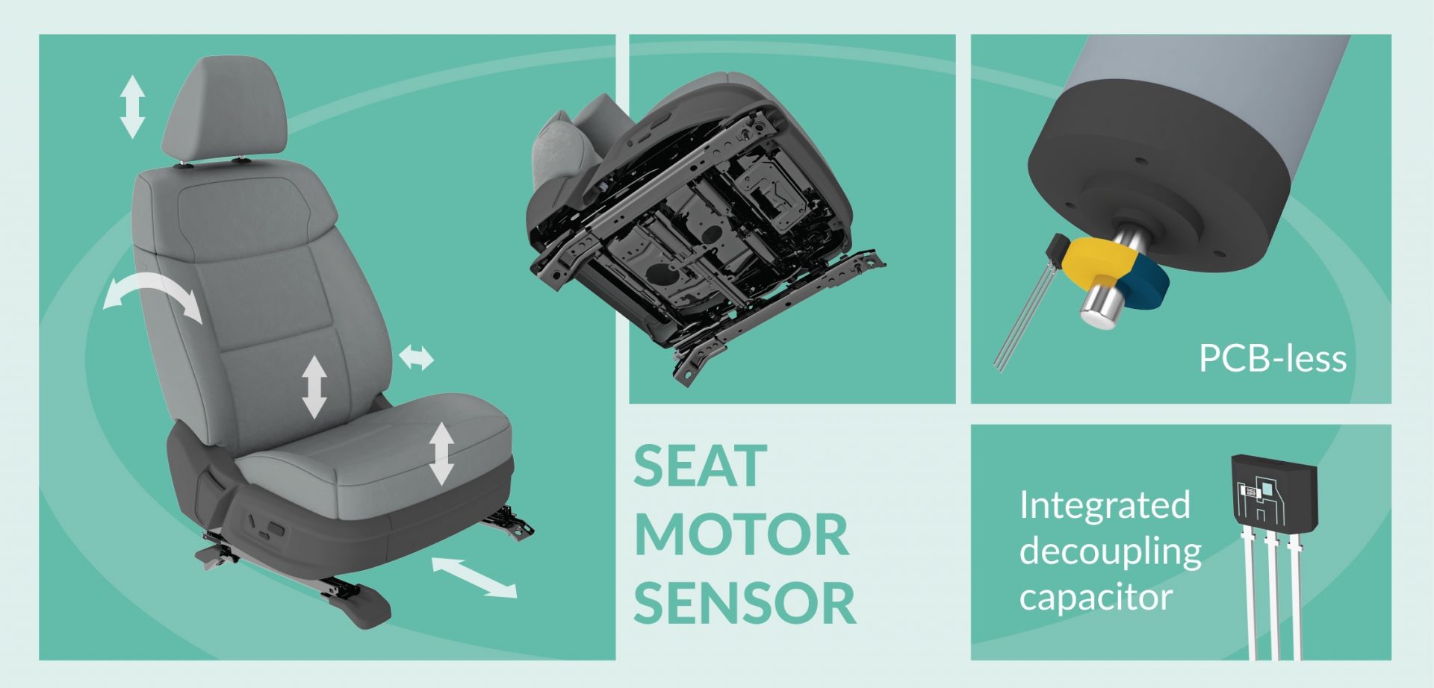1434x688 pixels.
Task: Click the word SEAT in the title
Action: point(701,466)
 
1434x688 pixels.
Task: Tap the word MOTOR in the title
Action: point(742,534)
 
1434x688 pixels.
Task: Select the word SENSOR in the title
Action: point(745,603)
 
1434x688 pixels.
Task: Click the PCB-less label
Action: point(1273,359)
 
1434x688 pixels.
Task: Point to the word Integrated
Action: point(1105,505)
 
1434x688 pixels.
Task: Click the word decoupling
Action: point(1111,552)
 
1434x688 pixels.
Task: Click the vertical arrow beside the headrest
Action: point(132,107)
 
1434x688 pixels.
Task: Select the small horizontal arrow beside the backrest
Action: point(416,357)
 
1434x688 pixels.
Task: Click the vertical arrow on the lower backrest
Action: point(314,387)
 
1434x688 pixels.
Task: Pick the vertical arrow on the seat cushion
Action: point(441,454)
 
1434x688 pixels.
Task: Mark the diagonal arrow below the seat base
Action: point(474,578)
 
